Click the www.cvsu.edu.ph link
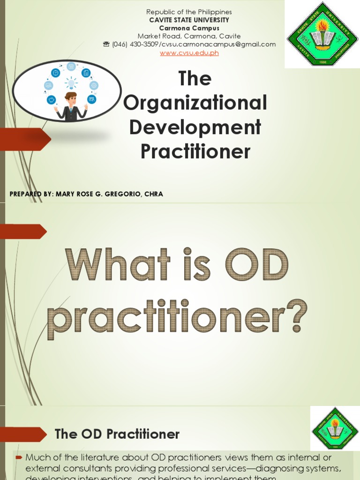tap(189, 53)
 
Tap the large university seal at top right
tap(322, 34)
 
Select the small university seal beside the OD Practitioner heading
tap(335, 428)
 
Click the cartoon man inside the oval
tap(71, 106)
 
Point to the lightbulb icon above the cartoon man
tap(71, 83)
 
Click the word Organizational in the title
tap(195, 103)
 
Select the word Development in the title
tap(195, 127)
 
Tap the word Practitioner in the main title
tap(195, 151)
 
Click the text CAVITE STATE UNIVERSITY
tap(189, 20)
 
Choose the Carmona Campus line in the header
tap(189, 28)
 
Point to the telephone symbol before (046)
tap(106, 45)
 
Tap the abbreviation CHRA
tap(154, 194)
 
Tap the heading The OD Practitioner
tap(117, 434)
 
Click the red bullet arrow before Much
tap(19, 457)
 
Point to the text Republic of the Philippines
tap(189, 12)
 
